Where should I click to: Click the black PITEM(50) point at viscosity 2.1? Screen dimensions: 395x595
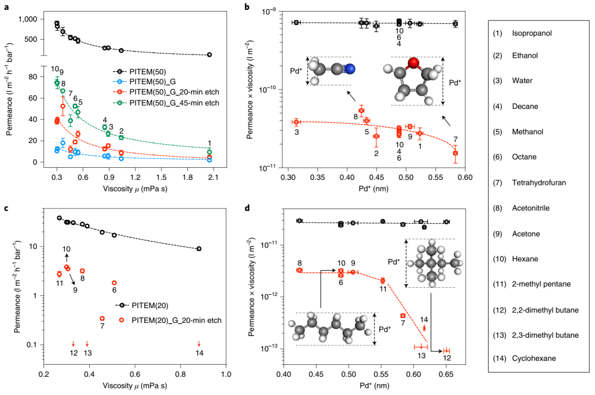coord(209,55)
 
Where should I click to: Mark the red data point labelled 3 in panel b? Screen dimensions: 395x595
coord(296,122)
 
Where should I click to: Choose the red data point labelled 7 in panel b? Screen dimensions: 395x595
coord(456,153)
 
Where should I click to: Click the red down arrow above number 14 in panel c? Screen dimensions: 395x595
coord(199,344)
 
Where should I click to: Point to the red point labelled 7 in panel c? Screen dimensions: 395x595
coord(102,318)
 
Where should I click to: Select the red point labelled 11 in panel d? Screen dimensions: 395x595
coord(382,281)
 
